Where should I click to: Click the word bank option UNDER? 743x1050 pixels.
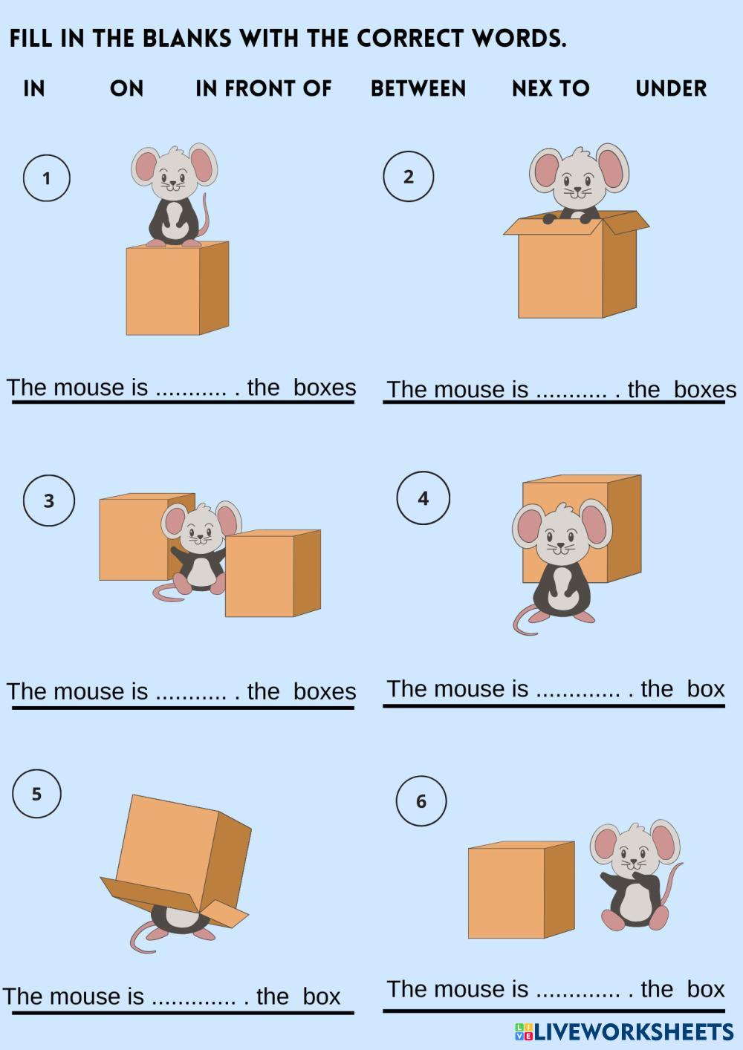tap(671, 88)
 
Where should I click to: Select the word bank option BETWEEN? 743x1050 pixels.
tap(418, 88)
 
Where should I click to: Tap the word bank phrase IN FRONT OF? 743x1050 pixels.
tap(264, 88)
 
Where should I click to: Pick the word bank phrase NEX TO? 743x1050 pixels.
tap(551, 88)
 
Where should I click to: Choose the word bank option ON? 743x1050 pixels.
tap(126, 88)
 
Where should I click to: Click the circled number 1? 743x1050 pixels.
tap(46, 178)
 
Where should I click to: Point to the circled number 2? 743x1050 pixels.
tap(409, 176)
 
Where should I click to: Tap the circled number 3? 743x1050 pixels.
tap(49, 500)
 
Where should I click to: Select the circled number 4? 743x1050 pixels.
tap(423, 498)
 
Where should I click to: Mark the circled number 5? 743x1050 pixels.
tap(36, 794)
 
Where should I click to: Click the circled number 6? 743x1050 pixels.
tap(421, 801)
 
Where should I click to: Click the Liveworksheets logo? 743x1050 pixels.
tap(624, 1032)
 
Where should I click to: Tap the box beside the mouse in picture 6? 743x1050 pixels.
tap(521, 890)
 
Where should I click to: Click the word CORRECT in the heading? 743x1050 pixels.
tap(410, 39)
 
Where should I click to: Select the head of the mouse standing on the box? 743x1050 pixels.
tap(174, 172)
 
